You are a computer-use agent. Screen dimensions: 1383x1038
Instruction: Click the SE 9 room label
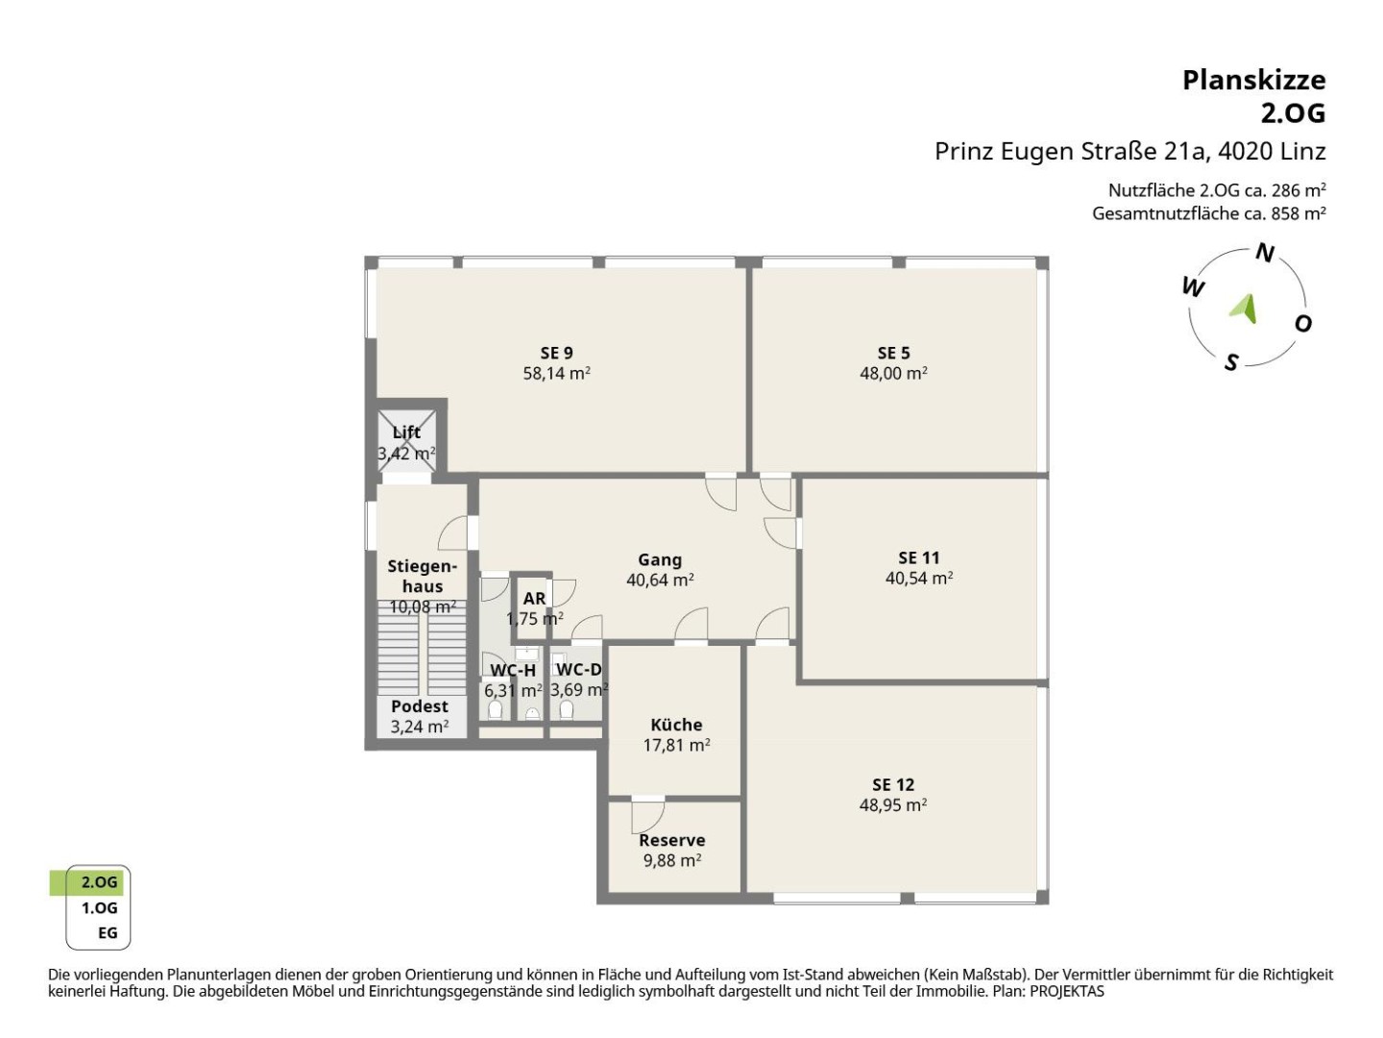tap(556, 353)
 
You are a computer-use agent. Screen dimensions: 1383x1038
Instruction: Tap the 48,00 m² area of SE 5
tap(893, 373)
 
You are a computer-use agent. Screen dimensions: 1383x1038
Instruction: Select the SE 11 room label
tap(919, 557)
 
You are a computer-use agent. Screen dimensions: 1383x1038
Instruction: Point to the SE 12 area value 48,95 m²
tap(893, 804)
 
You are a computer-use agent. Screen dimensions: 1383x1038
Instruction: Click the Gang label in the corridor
tap(660, 559)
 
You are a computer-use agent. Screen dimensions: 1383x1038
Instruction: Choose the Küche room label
tap(676, 725)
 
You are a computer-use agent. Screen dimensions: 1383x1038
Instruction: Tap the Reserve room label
tap(671, 840)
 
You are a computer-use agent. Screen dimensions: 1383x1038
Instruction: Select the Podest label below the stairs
tap(420, 706)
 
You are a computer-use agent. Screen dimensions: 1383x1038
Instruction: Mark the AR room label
tap(534, 598)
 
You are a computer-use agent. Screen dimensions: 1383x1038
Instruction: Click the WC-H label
tap(513, 671)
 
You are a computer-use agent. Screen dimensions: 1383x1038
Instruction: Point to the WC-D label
tap(578, 669)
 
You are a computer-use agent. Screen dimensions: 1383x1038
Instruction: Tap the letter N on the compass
tap(1265, 253)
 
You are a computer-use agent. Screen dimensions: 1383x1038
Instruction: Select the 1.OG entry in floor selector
tap(99, 908)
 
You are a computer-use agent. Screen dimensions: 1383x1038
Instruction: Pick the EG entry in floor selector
tap(108, 932)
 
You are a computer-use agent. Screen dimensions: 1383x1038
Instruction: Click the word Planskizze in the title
tap(1254, 81)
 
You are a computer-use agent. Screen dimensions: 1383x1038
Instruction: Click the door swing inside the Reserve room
tap(647, 817)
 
